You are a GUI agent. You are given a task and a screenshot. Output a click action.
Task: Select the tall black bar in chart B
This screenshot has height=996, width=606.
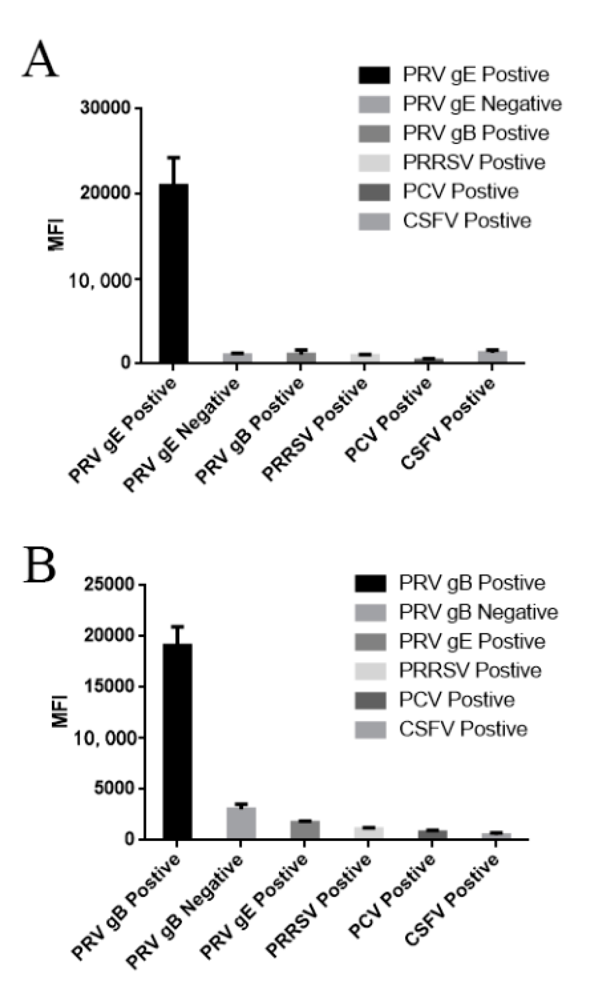click(177, 741)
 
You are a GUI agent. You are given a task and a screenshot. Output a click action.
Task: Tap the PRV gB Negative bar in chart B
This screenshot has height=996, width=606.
click(241, 823)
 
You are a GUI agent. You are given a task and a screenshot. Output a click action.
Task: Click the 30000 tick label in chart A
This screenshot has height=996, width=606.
click(106, 108)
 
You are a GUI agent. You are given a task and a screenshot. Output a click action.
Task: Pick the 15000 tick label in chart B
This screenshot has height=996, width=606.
click(109, 686)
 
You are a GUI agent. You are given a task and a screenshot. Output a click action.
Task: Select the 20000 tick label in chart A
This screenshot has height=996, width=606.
click(106, 193)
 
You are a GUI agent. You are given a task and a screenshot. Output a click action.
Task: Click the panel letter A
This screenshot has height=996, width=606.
click(40, 59)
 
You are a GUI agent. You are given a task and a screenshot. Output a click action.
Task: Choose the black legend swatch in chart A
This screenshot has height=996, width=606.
click(374, 75)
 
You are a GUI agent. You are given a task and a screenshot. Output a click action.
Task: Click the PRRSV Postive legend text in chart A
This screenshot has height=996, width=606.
click(474, 162)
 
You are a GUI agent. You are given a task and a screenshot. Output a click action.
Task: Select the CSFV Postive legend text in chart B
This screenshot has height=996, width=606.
click(463, 729)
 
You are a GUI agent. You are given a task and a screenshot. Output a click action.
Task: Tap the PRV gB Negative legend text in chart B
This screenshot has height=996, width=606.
click(478, 612)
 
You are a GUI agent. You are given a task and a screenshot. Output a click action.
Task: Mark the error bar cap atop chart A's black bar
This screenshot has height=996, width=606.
click(173, 158)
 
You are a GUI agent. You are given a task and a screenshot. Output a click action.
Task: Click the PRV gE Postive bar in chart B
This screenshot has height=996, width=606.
click(304, 830)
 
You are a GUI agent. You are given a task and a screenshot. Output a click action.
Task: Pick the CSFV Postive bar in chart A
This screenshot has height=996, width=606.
click(492, 356)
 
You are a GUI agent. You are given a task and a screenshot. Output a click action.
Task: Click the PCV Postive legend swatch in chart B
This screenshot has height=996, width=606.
click(370, 700)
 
